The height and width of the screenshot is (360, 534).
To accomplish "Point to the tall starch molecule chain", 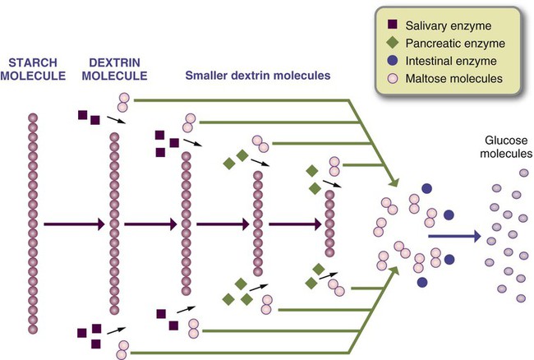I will [x=34, y=222].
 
